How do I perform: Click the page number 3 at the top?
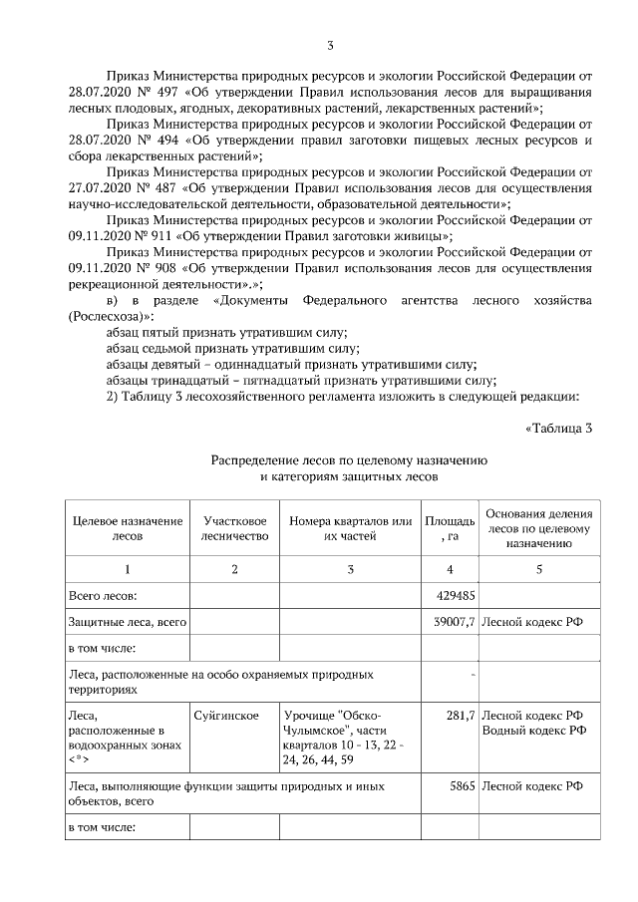(x=329, y=45)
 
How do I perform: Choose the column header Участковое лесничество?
(x=235, y=528)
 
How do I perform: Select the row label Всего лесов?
(x=101, y=595)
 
